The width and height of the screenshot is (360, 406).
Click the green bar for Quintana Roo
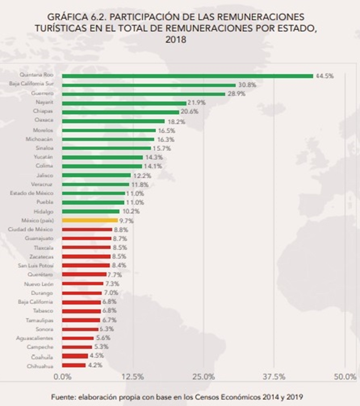coord(187,76)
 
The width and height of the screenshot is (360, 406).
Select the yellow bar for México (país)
coord(90,220)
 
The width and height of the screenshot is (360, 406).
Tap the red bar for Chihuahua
coord(74,365)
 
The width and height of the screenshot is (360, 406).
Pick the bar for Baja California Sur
coord(149,85)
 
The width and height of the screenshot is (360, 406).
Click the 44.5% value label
coord(324,76)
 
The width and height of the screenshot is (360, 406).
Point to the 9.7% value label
coord(126,221)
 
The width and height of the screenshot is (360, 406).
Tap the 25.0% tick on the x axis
coord(203,376)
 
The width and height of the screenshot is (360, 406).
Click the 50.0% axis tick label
coord(345,376)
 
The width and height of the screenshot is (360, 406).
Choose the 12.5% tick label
coord(133,376)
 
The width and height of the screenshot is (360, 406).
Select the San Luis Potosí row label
coord(36,265)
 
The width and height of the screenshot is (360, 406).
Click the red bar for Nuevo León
coord(82,284)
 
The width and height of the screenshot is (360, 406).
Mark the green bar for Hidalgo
coord(91,211)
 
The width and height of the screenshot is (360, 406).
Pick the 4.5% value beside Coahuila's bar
coord(97,356)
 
